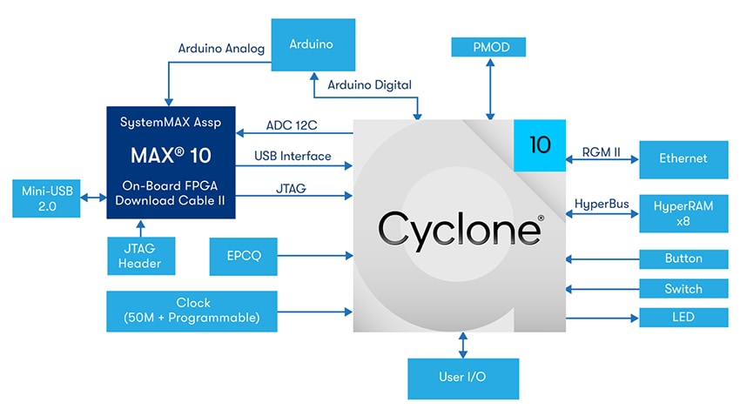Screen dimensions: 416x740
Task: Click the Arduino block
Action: pos(311,44)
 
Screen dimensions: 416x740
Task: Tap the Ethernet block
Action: pos(683,159)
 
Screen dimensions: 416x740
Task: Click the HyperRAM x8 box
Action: pos(683,212)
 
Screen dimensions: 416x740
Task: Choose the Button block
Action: pos(683,259)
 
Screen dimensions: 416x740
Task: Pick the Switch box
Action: pos(683,289)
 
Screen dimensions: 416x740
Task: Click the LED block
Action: pos(683,317)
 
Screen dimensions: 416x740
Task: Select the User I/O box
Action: pos(462,379)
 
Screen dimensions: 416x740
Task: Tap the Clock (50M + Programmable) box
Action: pos(192,311)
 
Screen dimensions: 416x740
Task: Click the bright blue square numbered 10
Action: pos(540,144)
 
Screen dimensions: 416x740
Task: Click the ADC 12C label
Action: pos(291,125)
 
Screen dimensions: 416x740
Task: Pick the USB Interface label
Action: pos(293,156)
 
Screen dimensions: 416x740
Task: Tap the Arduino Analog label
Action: pos(221,49)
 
